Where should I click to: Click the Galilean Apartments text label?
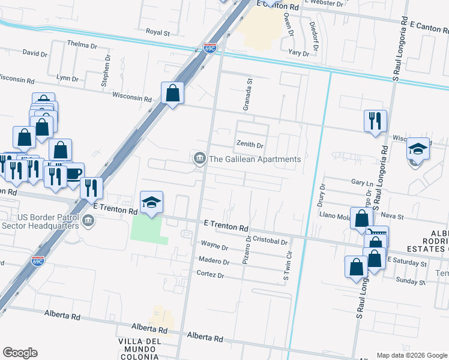(254, 159)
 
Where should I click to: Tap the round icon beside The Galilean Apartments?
(199, 159)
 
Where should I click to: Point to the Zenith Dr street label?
(249, 145)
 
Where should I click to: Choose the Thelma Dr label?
(82, 45)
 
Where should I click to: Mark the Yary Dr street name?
(298, 53)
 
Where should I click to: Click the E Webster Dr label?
(324, 4)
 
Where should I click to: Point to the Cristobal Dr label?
(271, 241)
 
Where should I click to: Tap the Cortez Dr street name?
(210, 275)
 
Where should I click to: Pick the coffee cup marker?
(73, 173)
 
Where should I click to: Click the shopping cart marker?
(378, 235)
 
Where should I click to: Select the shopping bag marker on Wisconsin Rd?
(172, 93)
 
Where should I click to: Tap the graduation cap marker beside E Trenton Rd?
(152, 202)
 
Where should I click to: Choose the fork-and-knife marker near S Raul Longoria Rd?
(375, 120)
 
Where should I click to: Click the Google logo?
(20, 353)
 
